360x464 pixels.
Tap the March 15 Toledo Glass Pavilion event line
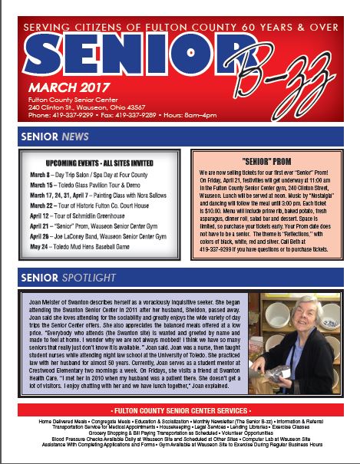coord(97,186)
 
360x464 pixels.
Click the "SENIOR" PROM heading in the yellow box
coord(263,162)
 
